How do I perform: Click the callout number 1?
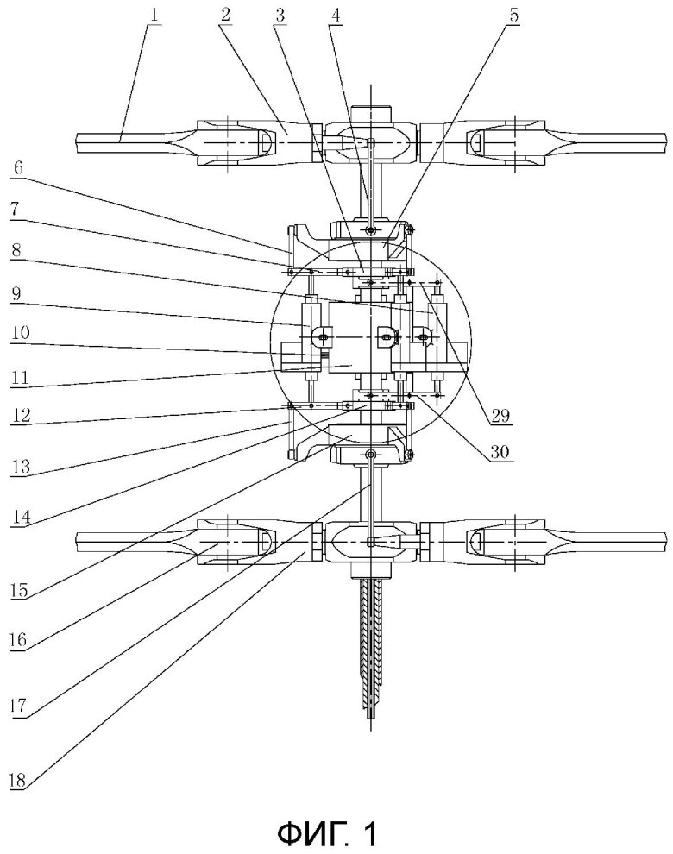[154, 15]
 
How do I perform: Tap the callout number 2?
[225, 15]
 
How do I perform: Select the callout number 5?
[514, 15]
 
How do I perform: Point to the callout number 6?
[18, 167]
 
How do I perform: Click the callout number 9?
[17, 294]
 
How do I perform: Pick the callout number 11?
[20, 378]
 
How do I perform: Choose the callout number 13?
[21, 466]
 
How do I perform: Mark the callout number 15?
[19, 590]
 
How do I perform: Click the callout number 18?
[18, 781]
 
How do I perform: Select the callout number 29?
[500, 416]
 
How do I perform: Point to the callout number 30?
[500, 451]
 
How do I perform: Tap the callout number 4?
[335, 15]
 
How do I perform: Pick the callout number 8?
[17, 250]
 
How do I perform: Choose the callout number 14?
[22, 517]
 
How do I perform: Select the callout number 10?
[20, 332]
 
